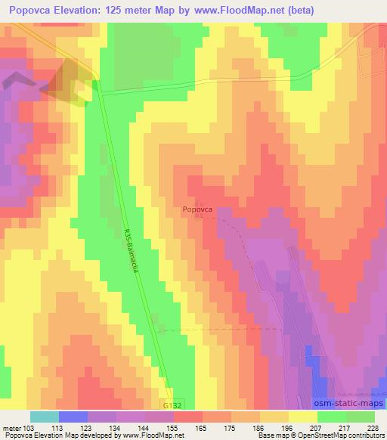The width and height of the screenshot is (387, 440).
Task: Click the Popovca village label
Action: tap(197, 212)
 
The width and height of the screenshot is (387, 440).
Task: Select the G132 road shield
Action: tap(171, 404)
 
